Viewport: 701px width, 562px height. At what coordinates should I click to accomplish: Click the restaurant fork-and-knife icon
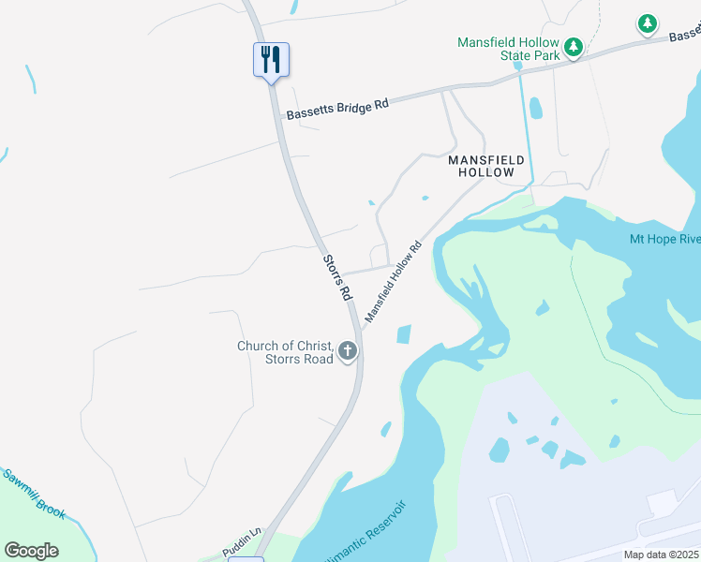click(271, 60)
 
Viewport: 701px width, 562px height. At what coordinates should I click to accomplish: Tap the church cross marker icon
click(348, 352)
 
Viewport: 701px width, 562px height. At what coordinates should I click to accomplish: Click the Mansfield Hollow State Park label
click(508, 49)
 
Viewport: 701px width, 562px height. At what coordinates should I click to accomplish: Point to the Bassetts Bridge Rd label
click(337, 110)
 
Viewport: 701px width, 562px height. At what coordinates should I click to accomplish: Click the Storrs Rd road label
click(336, 277)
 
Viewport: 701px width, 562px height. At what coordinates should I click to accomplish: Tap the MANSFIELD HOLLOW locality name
click(481, 166)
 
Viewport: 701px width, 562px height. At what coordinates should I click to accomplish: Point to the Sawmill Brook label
click(34, 492)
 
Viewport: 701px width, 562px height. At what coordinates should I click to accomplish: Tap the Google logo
click(31, 551)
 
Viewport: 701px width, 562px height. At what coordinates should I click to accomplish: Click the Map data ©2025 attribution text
click(661, 555)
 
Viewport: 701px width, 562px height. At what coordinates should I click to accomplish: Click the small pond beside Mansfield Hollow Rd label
click(404, 333)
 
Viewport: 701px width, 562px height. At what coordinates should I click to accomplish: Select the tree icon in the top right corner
click(647, 23)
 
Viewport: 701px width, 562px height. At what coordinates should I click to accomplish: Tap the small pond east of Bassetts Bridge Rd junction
click(535, 109)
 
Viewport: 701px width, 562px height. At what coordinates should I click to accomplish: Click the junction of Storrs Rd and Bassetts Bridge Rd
click(280, 117)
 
